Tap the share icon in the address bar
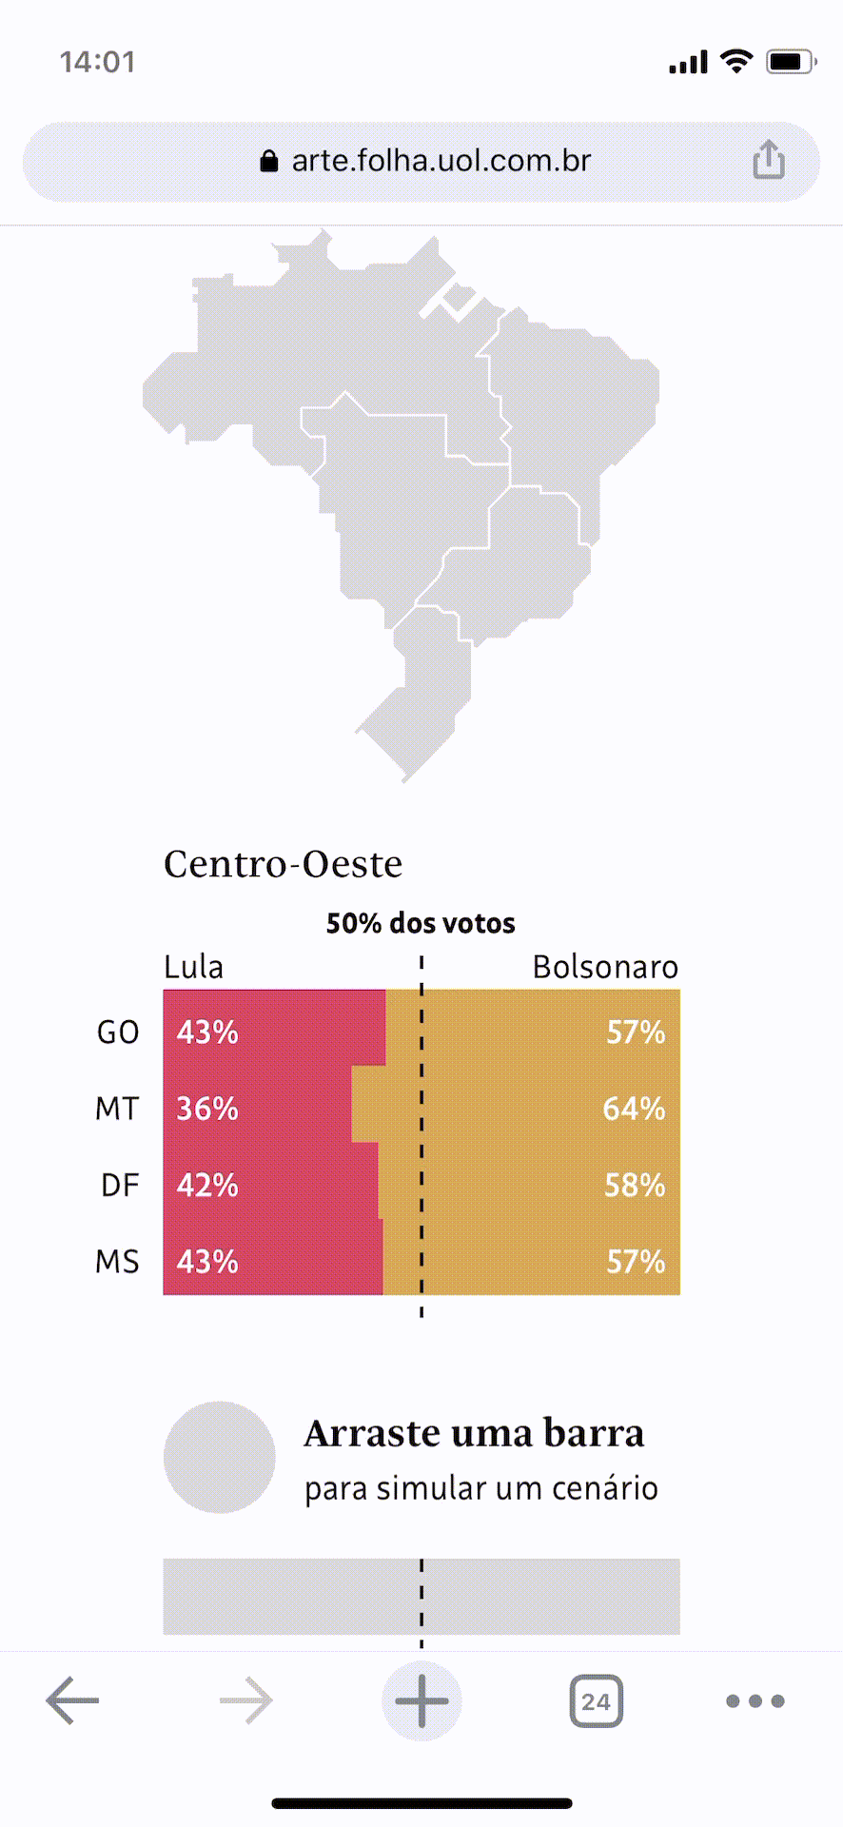[769, 160]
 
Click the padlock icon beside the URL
[269, 161]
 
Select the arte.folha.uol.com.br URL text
[441, 161]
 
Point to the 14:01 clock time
[97, 63]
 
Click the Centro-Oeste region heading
[284, 864]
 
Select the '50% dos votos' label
[421, 923]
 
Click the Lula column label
[194, 967]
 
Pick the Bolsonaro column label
[605, 967]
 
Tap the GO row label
[118, 1032]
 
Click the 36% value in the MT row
[207, 1109]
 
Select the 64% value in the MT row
[634, 1109]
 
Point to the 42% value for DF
[207, 1185]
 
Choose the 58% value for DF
[635, 1185]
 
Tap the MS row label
[117, 1262]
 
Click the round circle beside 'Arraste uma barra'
[220, 1457]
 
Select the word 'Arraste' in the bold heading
[372, 1433]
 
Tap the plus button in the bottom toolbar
[421, 1700]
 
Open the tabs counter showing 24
[596, 1700]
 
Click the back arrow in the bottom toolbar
[72, 1700]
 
